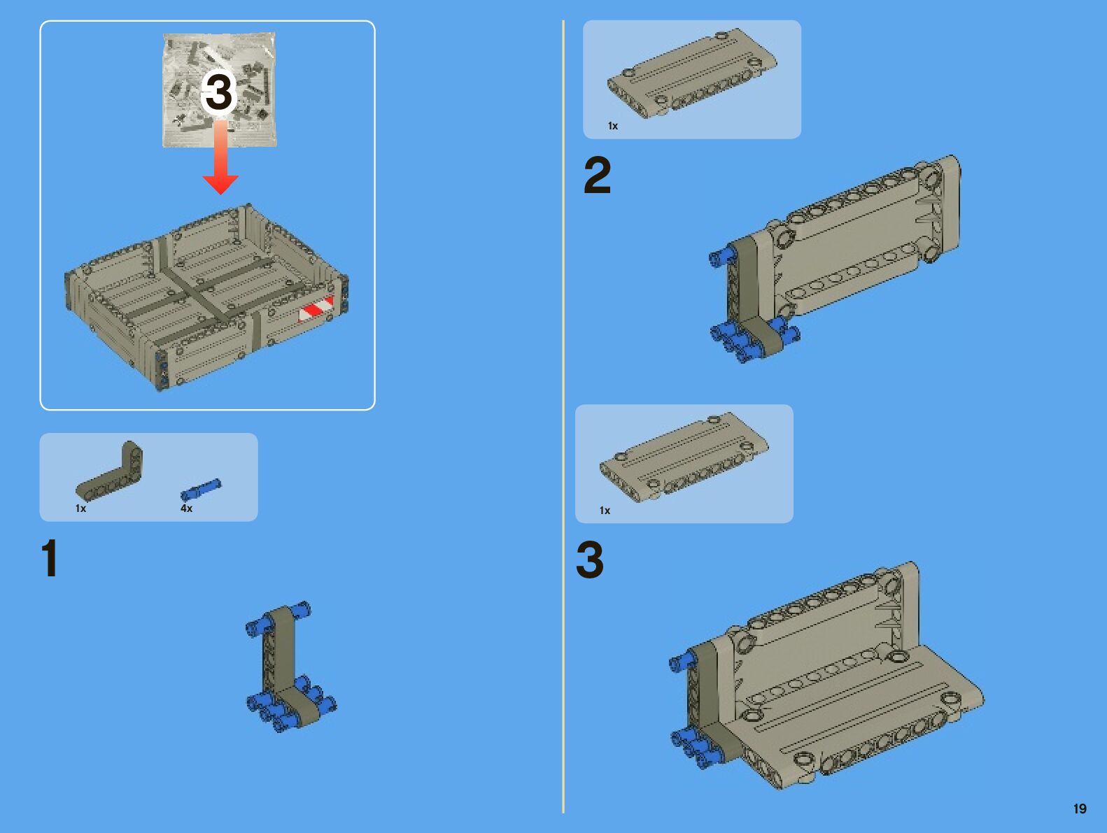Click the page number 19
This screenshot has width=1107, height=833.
click(x=1080, y=809)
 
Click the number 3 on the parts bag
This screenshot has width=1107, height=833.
click(x=219, y=92)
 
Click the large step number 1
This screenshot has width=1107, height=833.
click(x=50, y=558)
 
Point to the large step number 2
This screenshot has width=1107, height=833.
click(x=597, y=175)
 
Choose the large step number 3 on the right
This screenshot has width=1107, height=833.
click(x=590, y=559)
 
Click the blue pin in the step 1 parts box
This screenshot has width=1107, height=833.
click(x=201, y=490)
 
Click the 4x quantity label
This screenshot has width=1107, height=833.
click(x=186, y=508)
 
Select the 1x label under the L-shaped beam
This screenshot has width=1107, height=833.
click(x=80, y=508)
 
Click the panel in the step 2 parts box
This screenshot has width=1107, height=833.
click(x=692, y=73)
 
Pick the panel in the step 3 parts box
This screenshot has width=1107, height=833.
click(x=684, y=457)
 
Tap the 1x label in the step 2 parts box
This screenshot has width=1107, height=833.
click(x=613, y=126)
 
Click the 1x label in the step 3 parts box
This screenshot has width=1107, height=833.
click(x=605, y=511)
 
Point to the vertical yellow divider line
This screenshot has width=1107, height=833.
click(x=563, y=416)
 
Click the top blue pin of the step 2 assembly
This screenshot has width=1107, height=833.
click(x=722, y=256)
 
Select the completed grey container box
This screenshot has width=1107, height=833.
click(x=206, y=297)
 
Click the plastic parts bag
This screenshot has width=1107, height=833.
click(x=220, y=90)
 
